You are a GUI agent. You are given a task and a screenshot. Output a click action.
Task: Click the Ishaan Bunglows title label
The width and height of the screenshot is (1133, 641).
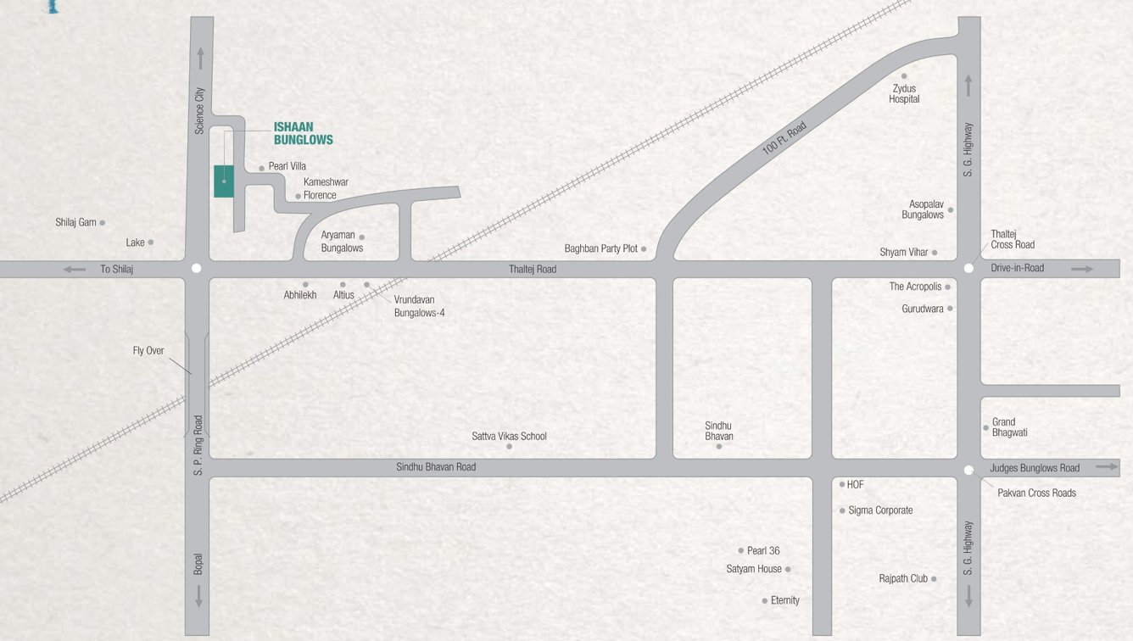(x=303, y=134)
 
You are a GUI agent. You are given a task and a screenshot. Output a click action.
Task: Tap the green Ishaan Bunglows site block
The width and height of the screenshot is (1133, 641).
(x=224, y=181)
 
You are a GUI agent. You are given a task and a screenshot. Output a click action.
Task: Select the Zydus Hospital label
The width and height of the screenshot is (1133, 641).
(x=904, y=93)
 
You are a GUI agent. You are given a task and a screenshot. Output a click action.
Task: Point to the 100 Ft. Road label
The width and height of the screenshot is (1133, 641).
(x=784, y=138)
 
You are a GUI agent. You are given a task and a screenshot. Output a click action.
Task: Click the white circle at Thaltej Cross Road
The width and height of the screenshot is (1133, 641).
(x=968, y=268)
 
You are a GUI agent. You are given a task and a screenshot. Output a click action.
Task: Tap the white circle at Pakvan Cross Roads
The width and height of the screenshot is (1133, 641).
(x=968, y=470)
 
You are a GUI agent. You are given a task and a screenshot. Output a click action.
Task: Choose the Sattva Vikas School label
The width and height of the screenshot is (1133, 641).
(x=509, y=436)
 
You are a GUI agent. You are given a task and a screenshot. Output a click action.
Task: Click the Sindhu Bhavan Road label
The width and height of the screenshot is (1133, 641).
(x=436, y=467)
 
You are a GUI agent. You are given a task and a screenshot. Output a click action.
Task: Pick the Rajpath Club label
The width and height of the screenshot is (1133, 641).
(x=903, y=578)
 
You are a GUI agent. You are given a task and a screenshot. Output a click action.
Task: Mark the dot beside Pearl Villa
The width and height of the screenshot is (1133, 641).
(x=261, y=169)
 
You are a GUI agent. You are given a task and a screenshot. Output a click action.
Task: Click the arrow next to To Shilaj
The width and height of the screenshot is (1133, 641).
(x=75, y=270)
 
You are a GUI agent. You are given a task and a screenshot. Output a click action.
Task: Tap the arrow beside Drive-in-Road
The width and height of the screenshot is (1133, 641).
(x=1082, y=269)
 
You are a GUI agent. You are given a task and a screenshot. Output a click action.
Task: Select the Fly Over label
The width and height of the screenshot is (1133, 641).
(x=148, y=350)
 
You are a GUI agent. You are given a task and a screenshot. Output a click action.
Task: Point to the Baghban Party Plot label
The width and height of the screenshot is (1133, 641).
(x=601, y=248)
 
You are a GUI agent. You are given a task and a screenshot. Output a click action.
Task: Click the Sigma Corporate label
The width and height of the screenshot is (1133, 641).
(x=880, y=510)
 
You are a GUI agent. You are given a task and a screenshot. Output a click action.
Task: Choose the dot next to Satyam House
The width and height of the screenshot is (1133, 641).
(x=788, y=570)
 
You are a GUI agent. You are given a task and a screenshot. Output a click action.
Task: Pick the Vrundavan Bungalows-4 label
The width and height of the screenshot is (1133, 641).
(x=419, y=306)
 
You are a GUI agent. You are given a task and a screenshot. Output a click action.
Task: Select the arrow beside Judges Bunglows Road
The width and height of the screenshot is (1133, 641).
(x=1107, y=466)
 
